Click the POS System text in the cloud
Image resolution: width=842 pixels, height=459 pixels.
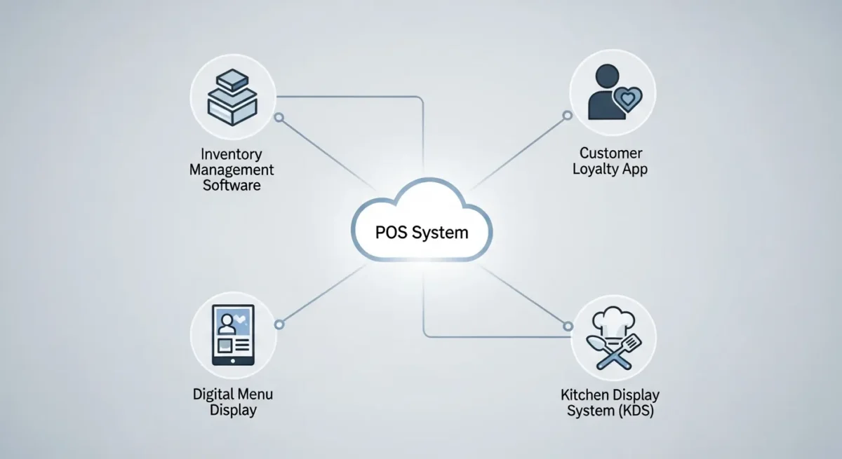click(420, 232)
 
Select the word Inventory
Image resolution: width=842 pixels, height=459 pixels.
click(231, 153)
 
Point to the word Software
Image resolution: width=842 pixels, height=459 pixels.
click(232, 186)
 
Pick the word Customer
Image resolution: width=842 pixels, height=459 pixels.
click(611, 153)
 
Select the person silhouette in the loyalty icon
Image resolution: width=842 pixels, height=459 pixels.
click(604, 91)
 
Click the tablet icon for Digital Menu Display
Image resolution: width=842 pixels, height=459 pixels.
click(233, 336)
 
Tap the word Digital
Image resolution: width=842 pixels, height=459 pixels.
click(212, 393)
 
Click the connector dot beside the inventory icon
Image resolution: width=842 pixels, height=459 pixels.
click(279, 118)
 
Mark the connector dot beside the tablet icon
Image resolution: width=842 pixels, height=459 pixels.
click(279, 324)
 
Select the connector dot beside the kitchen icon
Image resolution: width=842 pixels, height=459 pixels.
click(567, 325)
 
